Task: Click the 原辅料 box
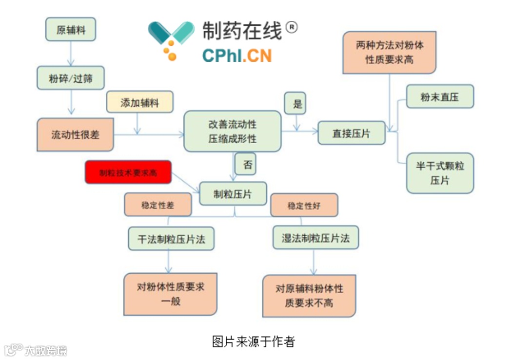tap(71, 29)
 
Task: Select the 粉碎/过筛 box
tap(71, 78)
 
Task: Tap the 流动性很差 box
tap(75, 134)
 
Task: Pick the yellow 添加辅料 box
tap(139, 102)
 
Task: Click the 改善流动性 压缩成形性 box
tap(233, 131)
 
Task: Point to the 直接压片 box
tap(352, 133)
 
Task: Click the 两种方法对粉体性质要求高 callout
tap(389, 52)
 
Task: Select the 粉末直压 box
tap(440, 96)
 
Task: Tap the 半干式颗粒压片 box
tap(440, 173)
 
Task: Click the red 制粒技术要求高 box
tap(128, 172)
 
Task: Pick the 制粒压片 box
tap(233, 193)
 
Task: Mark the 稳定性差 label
tap(158, 205)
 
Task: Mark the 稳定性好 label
tap(304, 205)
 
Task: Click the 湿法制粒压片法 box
tap(315, 238)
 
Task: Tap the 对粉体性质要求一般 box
tap(170, 294)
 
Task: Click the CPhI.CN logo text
tap(237, 56)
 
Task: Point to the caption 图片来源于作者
tap(253, 341)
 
